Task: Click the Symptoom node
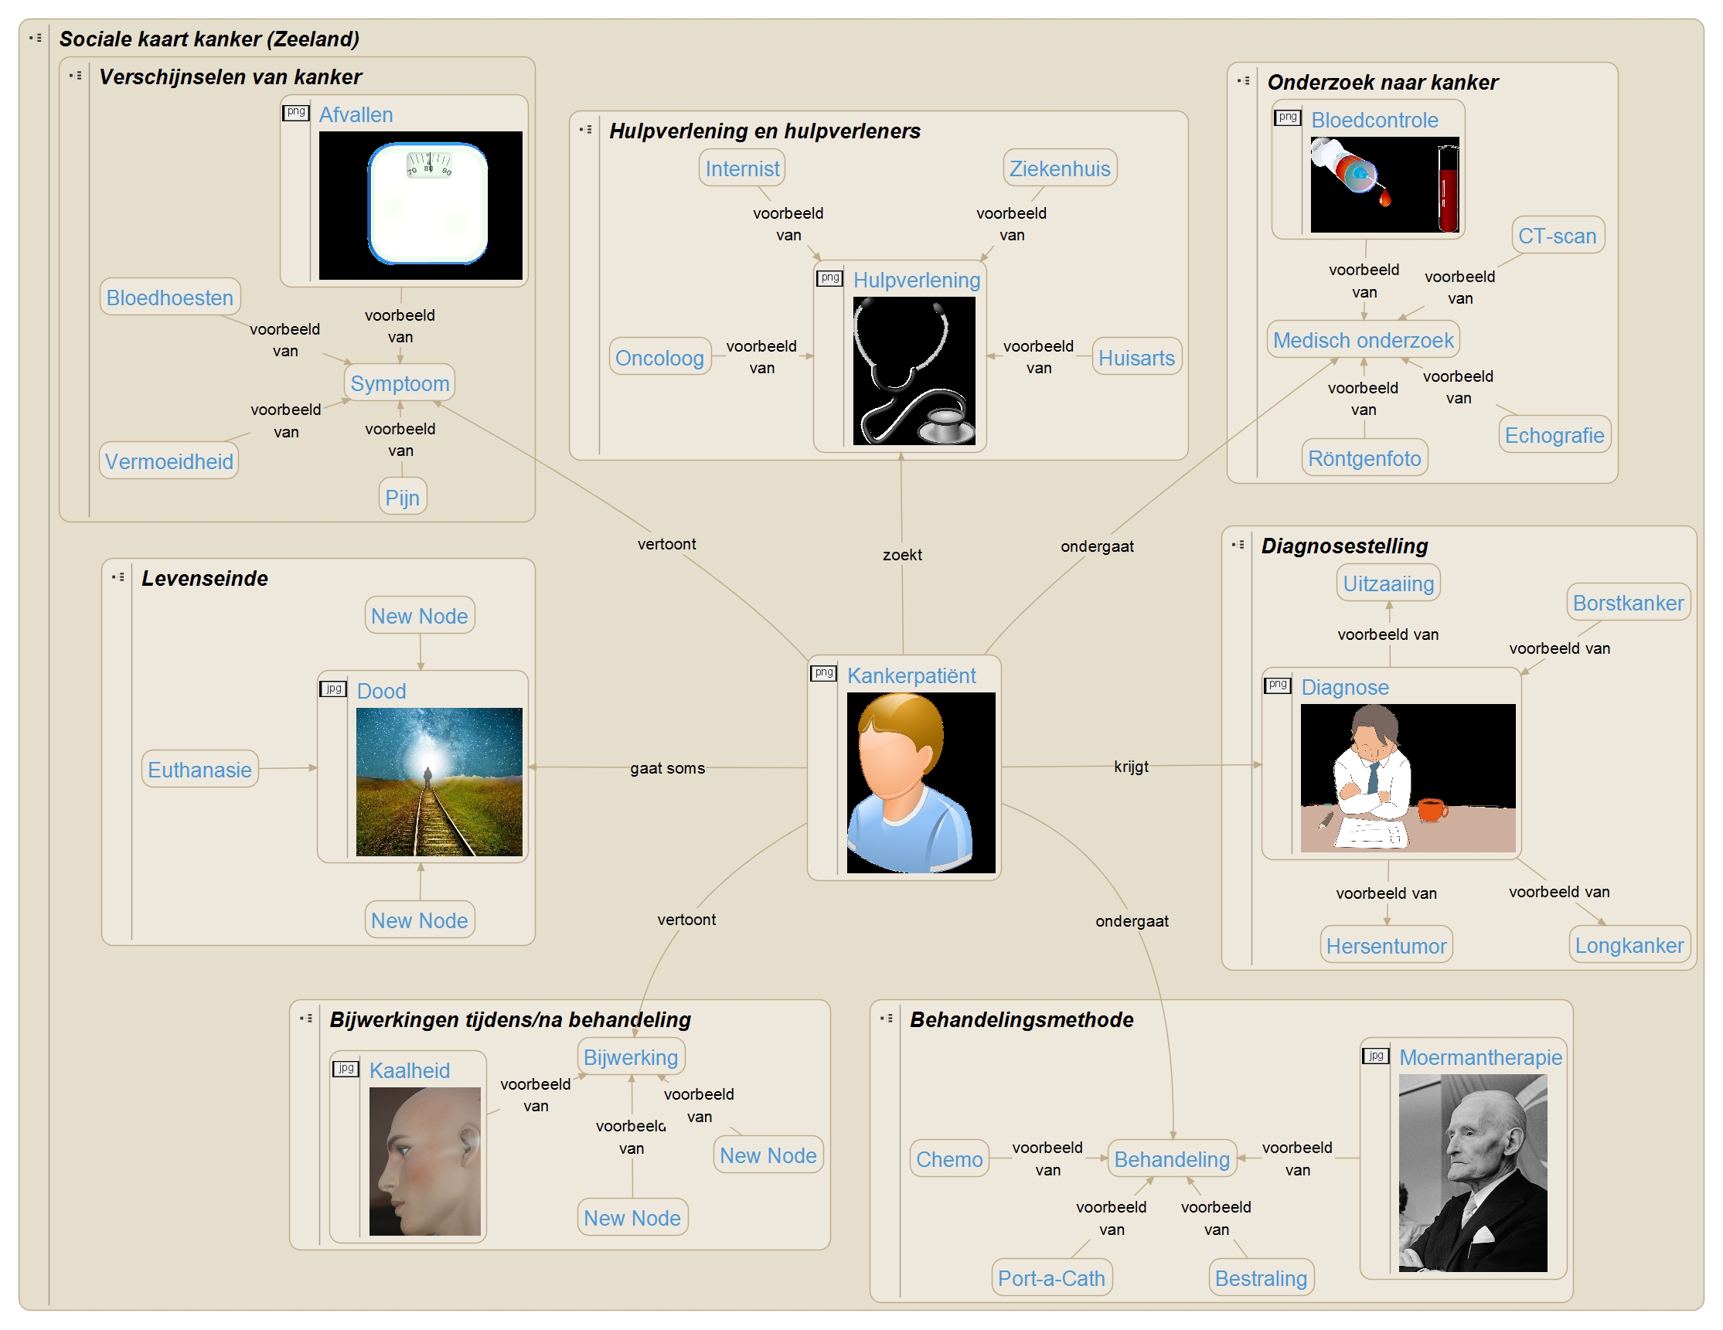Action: (399, 383)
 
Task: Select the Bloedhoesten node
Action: (169, 298)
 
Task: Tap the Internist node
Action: (741, 168)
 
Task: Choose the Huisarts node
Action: (1136, 357)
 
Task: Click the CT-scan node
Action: (1557, 236)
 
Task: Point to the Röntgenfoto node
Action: (1364, 458)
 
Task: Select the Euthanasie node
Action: (199, 769)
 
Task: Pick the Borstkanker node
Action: (1628, 603)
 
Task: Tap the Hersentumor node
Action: (1385, 945)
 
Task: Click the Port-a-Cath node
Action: (1050, 1278)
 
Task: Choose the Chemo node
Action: (949, 1158)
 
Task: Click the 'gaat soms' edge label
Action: (667, 768)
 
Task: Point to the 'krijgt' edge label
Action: (1131, 766)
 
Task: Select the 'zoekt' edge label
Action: (902, 555)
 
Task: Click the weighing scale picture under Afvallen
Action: (427, 203)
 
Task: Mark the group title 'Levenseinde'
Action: (204, 578)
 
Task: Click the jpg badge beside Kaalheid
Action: (346, 1068)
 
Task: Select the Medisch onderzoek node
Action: (1363, 340)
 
